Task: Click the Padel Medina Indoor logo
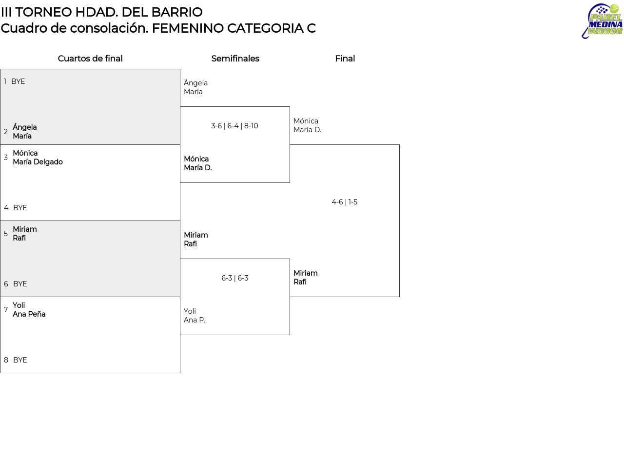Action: click(602, 21)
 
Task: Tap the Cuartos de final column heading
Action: click(90, 59)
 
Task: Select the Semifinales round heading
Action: click(235, 59)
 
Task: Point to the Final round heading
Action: click(345, 59)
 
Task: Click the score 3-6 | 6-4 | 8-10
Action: click(234, 126)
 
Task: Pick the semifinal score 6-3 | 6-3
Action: click(234, 278)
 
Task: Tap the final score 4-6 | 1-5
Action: click(344, 202)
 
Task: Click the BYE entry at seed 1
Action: click(18, 81)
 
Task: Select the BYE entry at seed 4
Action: click(20, 208)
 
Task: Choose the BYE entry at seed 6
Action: click(20, 284)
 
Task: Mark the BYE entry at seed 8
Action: click(20, 360)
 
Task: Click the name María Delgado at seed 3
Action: click(38, 162)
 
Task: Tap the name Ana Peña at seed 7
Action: click(29, 314)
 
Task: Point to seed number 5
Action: click(6, 234)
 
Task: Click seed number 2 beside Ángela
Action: click(6, 132)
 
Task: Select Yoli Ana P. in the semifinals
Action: click(195, 316)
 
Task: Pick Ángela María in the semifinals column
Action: click(195, 87)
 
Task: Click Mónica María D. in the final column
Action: click(307, 125)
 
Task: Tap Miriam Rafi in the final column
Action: click(306, 278)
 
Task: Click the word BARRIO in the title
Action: click(176, 12)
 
